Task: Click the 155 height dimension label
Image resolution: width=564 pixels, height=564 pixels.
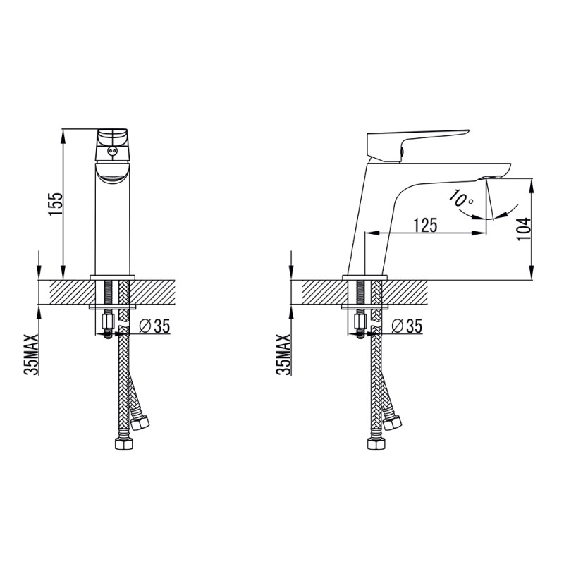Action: pyautogui.click(x=56, y=204)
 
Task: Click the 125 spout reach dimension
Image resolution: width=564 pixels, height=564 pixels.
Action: pyautogui.click(x=425, y=225)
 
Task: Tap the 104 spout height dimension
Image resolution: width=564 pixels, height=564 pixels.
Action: pyautogui.click(x=523, y=228)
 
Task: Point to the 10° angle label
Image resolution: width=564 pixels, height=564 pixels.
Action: pyautogui.click(x=461, y=199)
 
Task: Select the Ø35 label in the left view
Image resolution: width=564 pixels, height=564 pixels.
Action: pyautogui.click(x=154, y=326)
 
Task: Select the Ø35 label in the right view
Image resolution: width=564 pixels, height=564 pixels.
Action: pyautogui.click(x=407, y=326)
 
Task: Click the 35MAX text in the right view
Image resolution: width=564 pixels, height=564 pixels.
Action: pyautogui.click(x=284, y=355)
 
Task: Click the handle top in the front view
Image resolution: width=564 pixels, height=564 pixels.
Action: pyautogui.click(x=112, y=145)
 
